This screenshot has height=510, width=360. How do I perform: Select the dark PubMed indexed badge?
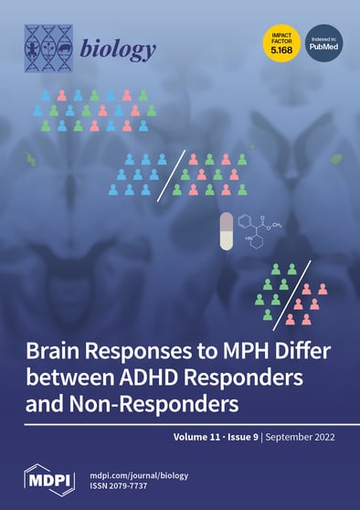click(x=324, y=41)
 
